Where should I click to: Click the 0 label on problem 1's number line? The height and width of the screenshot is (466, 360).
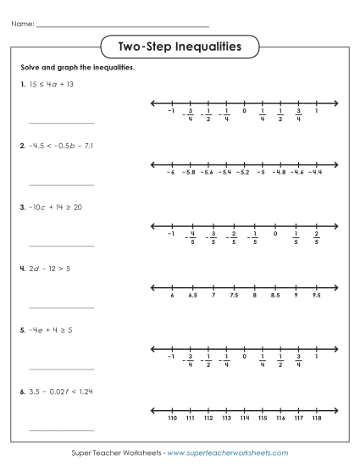244,112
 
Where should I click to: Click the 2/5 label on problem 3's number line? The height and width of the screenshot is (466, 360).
316,237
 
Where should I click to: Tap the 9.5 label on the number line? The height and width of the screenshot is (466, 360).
316,297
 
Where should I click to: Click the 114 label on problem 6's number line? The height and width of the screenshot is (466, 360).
244,419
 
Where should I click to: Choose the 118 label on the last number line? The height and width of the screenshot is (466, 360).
316,419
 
